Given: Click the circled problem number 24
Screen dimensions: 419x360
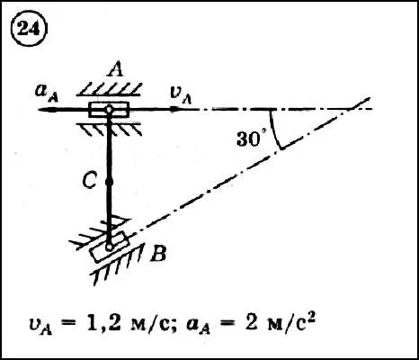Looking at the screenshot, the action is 29,30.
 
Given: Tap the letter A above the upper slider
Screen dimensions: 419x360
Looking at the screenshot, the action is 116,70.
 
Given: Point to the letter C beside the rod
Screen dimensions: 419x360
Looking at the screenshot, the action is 90,182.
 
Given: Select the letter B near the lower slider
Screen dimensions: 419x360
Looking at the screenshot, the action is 158,255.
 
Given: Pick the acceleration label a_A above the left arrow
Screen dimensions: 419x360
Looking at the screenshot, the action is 47,93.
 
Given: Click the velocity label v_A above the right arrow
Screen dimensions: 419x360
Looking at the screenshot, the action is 181,94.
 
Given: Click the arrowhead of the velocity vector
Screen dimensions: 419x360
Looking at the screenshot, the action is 175,109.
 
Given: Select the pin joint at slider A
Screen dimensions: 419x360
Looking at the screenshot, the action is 109,110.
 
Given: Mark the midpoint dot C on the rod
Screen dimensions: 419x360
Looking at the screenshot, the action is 109,182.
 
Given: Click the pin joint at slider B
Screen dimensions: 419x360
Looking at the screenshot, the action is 109,247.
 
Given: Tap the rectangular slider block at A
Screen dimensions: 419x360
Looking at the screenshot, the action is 109,110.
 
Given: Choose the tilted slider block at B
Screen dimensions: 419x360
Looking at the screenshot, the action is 110,247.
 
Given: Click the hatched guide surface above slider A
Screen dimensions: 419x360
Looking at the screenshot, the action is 109,89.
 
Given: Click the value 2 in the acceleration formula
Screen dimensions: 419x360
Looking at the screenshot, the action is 251,324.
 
